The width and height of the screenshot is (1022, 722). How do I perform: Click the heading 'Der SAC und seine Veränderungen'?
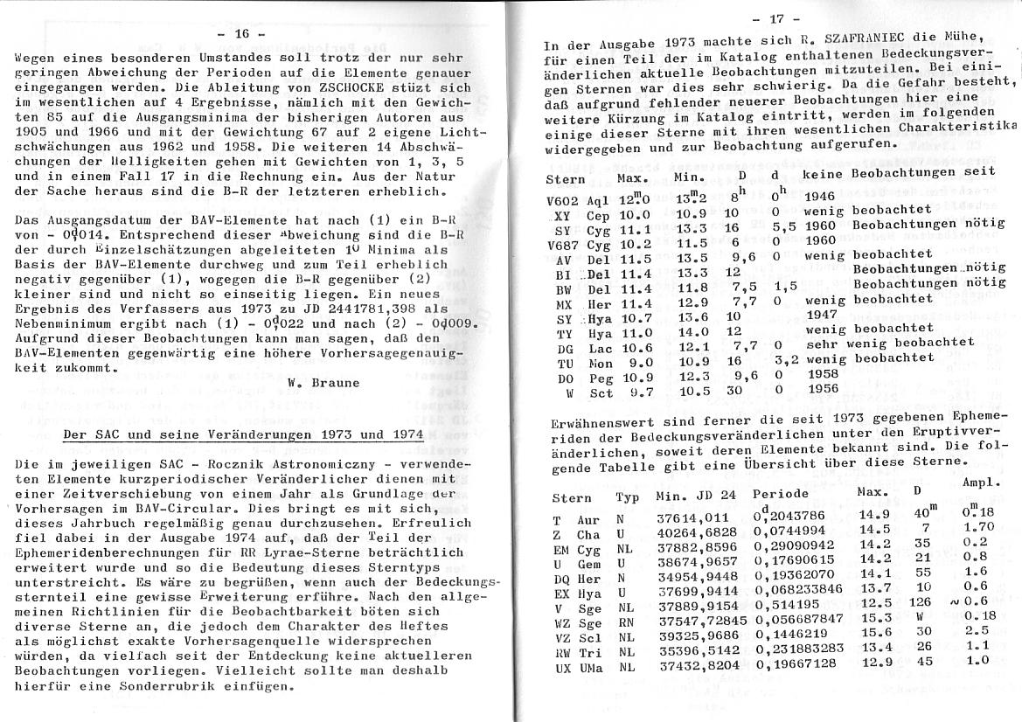244,434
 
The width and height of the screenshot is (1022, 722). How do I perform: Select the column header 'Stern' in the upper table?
565,178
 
